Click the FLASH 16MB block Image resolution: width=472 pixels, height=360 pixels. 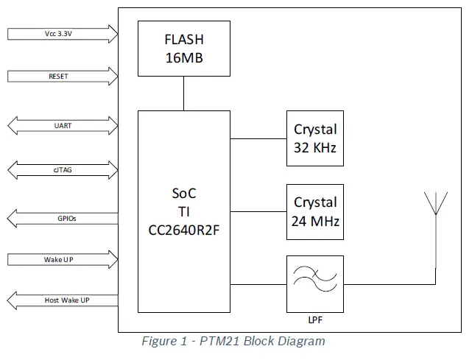pyautogui.click(x=183, y=49)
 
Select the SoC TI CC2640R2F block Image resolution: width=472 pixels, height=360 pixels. pyautogui.click(x=183, y=212)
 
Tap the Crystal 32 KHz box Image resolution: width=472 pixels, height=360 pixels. pyautogui.click(x=315, y=138)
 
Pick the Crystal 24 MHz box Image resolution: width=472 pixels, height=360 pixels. pyautogui.click(x=315, y=211)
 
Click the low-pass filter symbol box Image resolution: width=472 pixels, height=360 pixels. pyautogui.click(x=315, y=283)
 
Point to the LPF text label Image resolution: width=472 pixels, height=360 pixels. pyautogui.click(x=315, y=320)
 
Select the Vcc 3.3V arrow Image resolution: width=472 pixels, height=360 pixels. pyautogui.click(x=63, y=34)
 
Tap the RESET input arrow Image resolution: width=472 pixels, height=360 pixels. pyautogui.click(x=63, y=76)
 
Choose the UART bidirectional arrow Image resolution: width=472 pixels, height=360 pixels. pyautogui.click(x=63, y=126)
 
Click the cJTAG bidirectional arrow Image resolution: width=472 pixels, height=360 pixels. pyautogui.click(x=63, y=169)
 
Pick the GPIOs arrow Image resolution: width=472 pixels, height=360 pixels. pyautogui.click(x=63, y=218)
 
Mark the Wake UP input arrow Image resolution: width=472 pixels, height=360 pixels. pyautogui.click(x=63, y=259)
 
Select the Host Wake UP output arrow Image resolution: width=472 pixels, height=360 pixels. pyautogui.click(x=63, y=300)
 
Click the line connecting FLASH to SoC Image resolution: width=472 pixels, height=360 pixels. pyautogui.click(x=183, y=93)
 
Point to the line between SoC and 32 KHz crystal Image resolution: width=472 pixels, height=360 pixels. pyautogui.click(x=258, y=138)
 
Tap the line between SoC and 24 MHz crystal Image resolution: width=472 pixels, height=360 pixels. pyautogui.click(x=258, y=211)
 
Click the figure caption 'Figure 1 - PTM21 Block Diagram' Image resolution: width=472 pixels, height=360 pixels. pyautogui.click(x=233, y=342)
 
